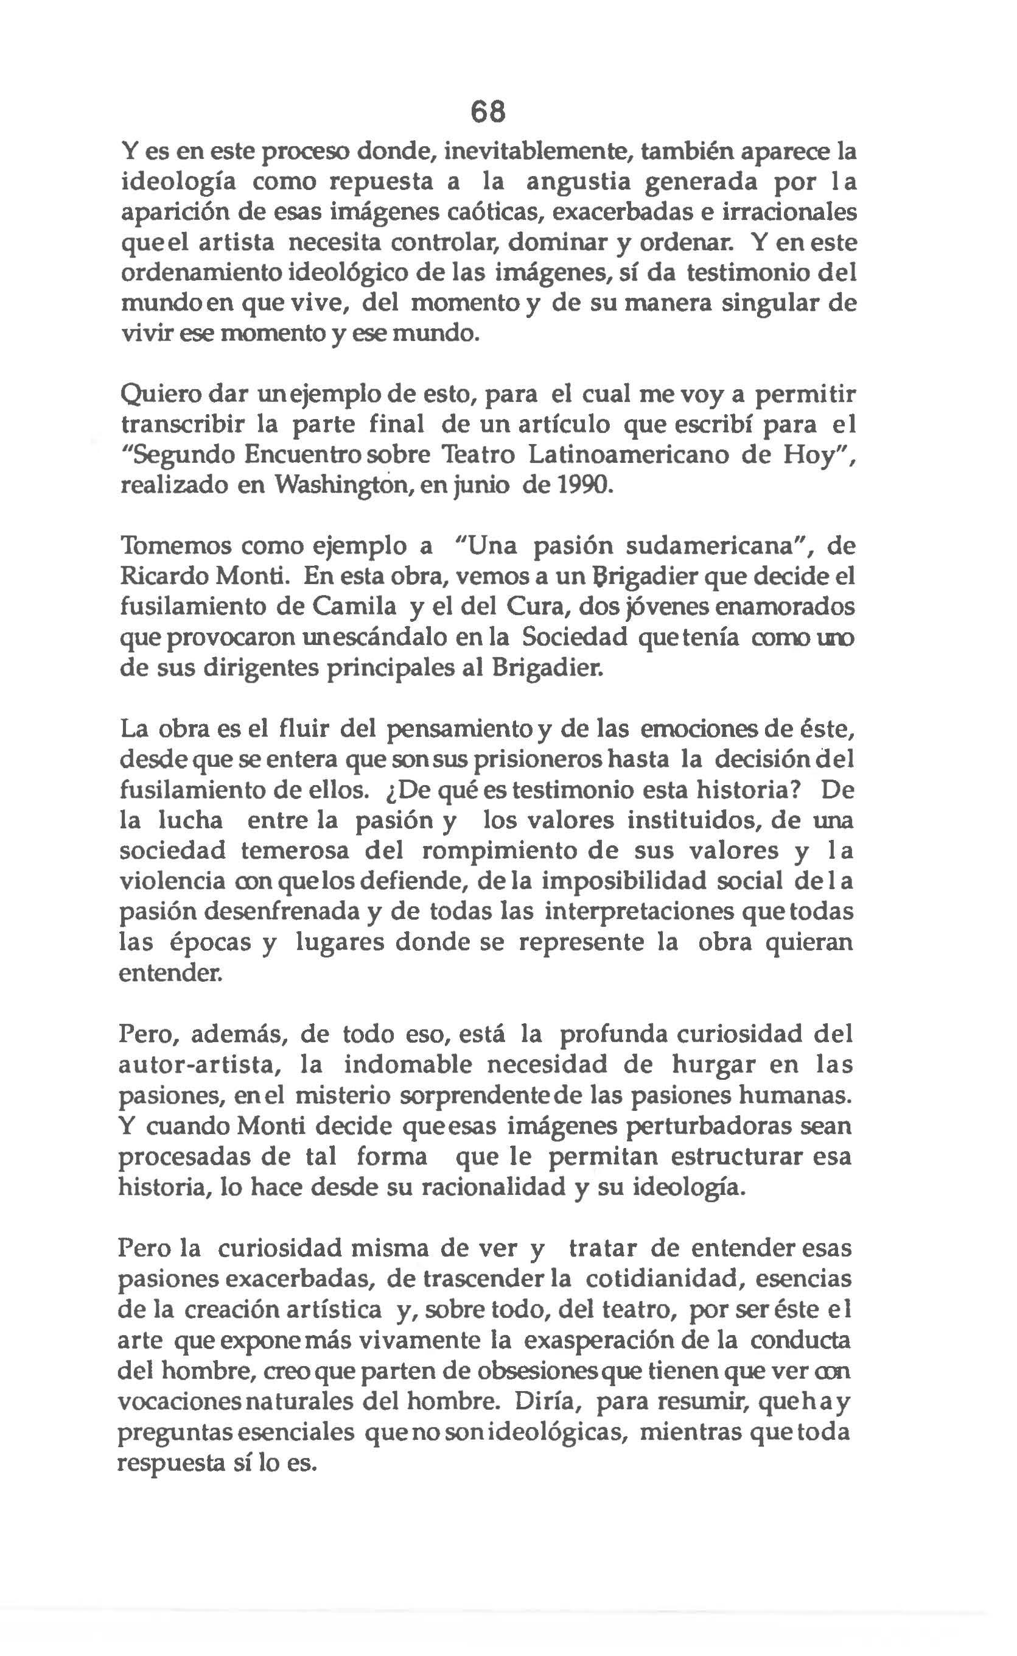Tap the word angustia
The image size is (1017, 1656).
click(x=576, y=182)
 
